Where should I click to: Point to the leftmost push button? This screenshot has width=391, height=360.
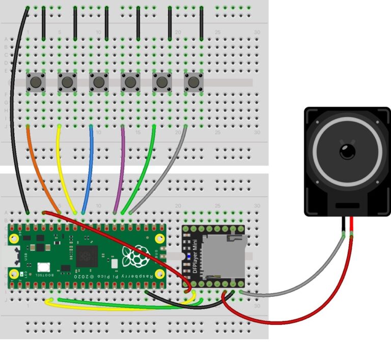tap(36, 81)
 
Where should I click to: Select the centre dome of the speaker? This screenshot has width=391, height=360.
tap(348, 151)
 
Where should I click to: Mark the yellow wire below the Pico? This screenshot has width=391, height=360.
tap(102, 308)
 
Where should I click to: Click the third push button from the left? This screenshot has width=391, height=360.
tap(99, 81)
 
